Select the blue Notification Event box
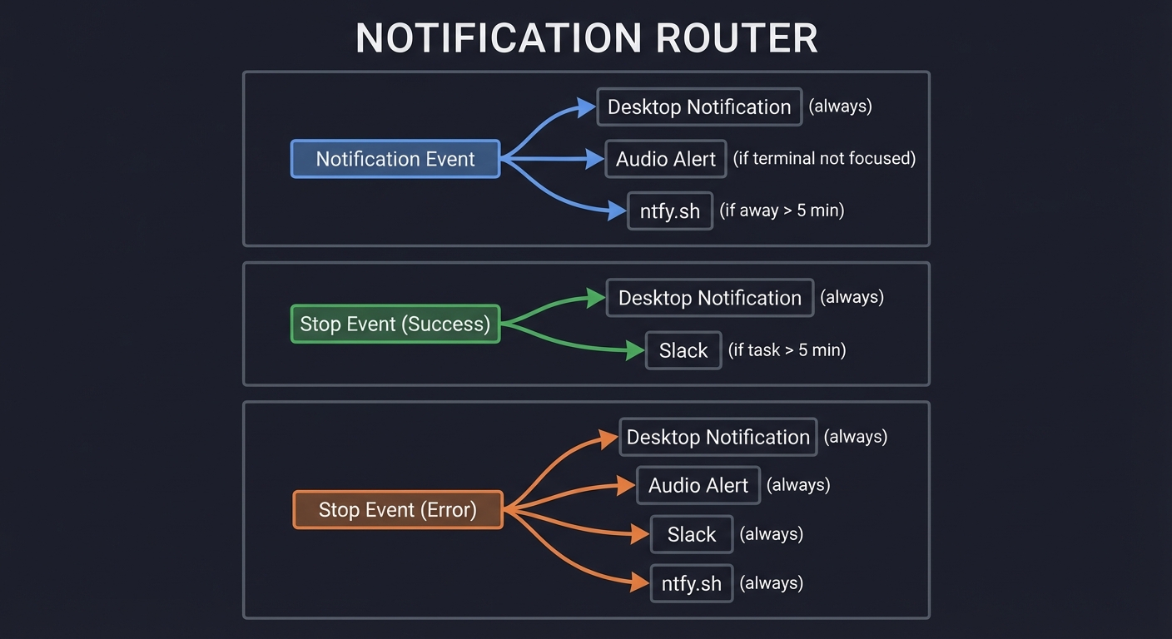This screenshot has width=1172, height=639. click(395, 159)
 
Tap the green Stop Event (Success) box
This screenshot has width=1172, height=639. click(395, 324)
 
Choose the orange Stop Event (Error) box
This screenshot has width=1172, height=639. click(398, 509)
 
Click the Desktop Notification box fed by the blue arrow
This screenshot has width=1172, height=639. click(699, 106)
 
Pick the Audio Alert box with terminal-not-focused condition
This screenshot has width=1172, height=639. click(666, 159)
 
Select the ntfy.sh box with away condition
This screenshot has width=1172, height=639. click(670, 211)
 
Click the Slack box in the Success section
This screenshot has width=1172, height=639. click(683, 350)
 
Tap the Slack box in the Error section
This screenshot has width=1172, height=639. click(692, 534)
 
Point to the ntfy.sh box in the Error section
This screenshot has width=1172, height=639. click(692, 583)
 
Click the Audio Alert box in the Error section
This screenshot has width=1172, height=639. click(698, 485)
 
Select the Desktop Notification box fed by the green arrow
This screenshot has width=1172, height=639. click(710, 298)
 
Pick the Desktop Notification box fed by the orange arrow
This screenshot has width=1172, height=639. click(718, 437)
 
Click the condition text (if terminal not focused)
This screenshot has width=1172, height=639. click(824, 158)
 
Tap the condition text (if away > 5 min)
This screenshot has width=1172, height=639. click(782, 210)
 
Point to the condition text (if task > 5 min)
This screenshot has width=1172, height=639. click(787, 349)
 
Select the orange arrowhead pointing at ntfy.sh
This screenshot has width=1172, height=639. click(640, 583)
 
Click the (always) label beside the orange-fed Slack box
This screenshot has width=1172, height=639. click(772, 533)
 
